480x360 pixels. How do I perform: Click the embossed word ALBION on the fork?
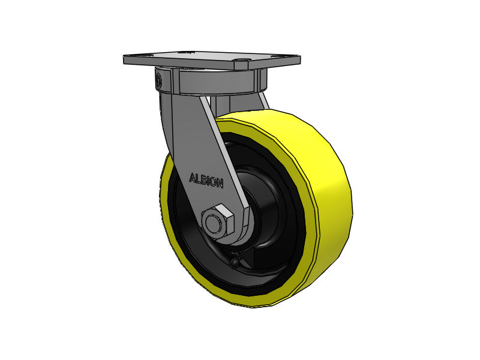click(x=206, y=179)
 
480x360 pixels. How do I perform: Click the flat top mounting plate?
click(x=210, y=59)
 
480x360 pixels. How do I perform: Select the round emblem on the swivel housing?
click(x=159, y=80)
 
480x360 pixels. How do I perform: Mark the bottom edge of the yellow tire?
click(x=252, y=303)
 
